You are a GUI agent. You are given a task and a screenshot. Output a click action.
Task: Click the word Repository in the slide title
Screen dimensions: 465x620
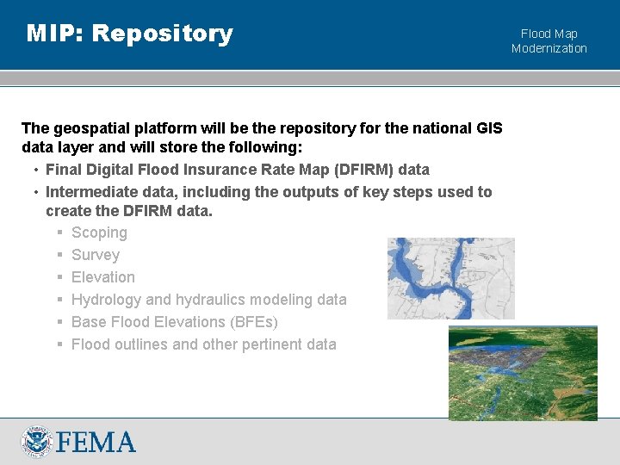(x=162, y=34)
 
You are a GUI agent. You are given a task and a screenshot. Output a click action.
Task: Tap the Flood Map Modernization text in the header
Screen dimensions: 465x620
(x=549, y=41)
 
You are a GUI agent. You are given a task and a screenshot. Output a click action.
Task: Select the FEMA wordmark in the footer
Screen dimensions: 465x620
(x=96, y=443)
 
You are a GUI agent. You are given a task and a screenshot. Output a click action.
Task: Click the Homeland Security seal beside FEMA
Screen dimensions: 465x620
(x=37, y=442)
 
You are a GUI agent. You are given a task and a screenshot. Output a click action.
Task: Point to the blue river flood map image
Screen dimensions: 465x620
(x=450, y=278)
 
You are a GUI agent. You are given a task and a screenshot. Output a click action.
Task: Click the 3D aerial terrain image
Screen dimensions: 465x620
(x=523, y=372)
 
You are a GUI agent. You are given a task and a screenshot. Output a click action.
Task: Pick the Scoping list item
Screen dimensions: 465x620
(x=99, y=232)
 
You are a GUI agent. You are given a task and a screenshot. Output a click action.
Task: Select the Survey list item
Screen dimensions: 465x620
(x=96, y=255)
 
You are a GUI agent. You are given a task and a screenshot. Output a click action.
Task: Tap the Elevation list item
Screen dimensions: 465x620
(x=103, y=277)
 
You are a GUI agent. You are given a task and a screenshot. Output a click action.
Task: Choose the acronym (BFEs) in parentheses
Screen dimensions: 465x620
(x=253, y=322)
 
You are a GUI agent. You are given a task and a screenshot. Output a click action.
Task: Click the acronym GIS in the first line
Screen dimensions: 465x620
(x=486, y=128)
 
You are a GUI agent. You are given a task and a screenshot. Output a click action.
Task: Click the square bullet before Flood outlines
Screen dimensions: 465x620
(x=61, y=344)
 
